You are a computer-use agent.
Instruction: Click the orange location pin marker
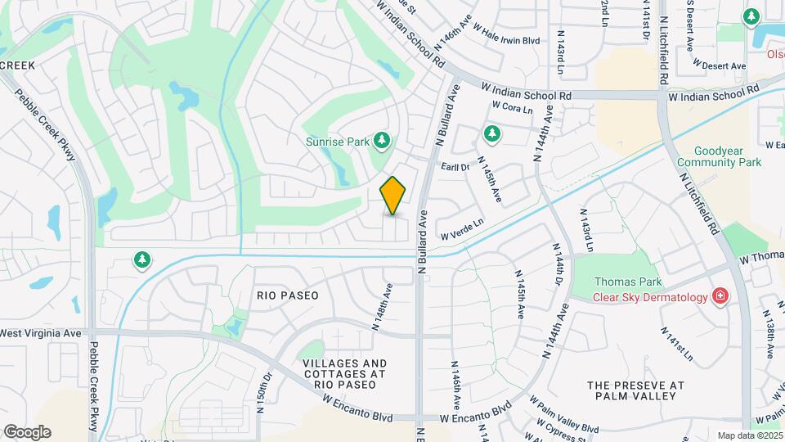(x=393, y=195)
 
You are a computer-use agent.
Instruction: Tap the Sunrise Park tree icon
(x=381, y=141)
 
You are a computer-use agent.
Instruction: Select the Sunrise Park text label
(x=338, y=141)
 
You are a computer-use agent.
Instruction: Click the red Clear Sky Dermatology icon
(x=720, y=296)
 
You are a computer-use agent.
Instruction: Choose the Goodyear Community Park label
(x=720, y=156)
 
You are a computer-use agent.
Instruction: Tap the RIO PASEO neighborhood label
(x=287, y=295)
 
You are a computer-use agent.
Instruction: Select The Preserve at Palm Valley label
(x=635, y=390)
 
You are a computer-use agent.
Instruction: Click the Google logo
(x=27, y=432)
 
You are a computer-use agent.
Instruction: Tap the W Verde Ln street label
(x=463, y=228)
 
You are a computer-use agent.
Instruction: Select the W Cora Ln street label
(x=512, y=107)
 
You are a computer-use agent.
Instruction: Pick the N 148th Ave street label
(x=383, y=306)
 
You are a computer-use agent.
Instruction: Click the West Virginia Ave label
(x=41, y=333)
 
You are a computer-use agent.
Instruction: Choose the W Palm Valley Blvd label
(x=563, y=416)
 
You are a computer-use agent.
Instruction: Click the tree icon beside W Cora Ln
(x=491, y=132)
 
